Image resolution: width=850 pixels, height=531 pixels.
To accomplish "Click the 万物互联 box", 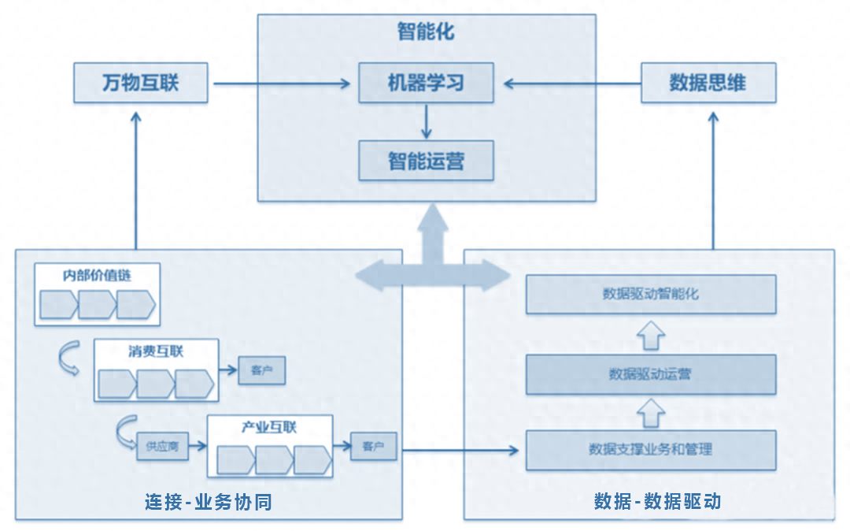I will click(141, 83).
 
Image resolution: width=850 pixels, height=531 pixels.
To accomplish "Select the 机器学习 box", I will click(426, 83).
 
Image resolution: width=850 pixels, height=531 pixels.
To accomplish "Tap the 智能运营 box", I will click(426, 161).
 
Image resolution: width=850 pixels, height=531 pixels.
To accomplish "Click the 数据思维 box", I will click(708, 83).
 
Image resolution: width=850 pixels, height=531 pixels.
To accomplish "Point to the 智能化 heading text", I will click(426, 32).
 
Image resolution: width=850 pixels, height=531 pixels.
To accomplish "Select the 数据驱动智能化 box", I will click(651, 294).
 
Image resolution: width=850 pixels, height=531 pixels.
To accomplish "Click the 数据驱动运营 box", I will click(651, 374).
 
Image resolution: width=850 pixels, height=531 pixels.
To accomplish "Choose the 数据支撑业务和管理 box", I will click(651, 450).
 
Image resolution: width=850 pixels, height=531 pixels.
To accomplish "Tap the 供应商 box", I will click(162, 446).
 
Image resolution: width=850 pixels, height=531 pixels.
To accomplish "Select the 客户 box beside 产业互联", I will click(373, 446).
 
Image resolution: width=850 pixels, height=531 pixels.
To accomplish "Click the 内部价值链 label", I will click(97, 276).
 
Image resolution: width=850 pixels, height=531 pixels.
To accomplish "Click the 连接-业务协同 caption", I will click(209, 501).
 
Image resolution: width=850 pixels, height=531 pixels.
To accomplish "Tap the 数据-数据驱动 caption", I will click(657, 501).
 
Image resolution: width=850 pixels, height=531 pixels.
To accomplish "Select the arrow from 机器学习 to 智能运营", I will click(426, 121).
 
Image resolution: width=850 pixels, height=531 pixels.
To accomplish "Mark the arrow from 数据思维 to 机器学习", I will click(572, 83).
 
